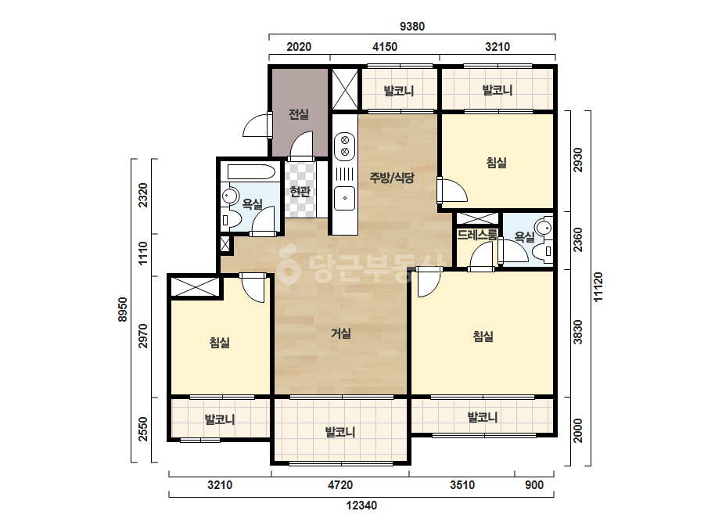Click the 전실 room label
click(x=298, y=113)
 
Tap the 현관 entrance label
click(x=300, y=191)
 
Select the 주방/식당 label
click(x=392, y=178)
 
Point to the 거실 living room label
click(x=341, y=333)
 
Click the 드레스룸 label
click(x=477, y=235)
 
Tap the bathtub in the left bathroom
click(x=250, y=172)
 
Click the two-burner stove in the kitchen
click(x=344, y=145)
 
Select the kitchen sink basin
click(x=344, y=198)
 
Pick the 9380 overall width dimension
click(x=412, y=27)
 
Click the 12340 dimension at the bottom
click(x=361, y=506)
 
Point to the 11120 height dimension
click(x=598, y=287)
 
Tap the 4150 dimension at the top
click(x=385, y=46)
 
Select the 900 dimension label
click(x=534, y=484)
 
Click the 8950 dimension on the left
click(x=123, y=310)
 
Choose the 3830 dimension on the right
click(x=578, y=333)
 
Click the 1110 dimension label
click(x=143, y=253)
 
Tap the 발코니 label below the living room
click(x=340, y=432)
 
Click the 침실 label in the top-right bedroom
click(x=497, y=162)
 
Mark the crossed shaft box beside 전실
click(x=345, y=89)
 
